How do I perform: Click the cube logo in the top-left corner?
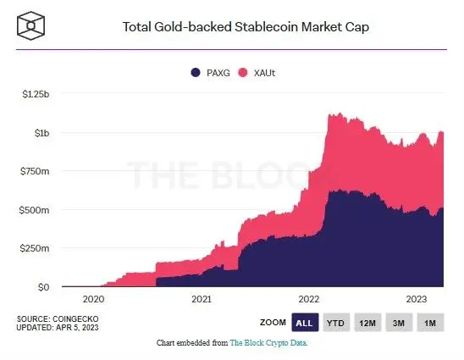point(30,25)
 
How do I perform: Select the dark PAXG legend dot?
point(196,74)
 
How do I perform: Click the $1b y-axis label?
point(39,133)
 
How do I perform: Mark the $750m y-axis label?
point(35,172)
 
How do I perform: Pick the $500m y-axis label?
point(35,210)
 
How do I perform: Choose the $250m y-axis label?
point(35,249)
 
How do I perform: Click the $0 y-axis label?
point(43,287)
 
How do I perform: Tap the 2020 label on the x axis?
point(93,299)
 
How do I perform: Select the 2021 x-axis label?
point(202,299)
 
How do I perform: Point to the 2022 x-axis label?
point(309,299)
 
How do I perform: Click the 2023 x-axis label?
point(417,299)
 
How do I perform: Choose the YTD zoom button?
point(336,322)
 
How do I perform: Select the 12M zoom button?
point(367,322)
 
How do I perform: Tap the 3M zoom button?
point(399,322)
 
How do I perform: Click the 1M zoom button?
point(429,322)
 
